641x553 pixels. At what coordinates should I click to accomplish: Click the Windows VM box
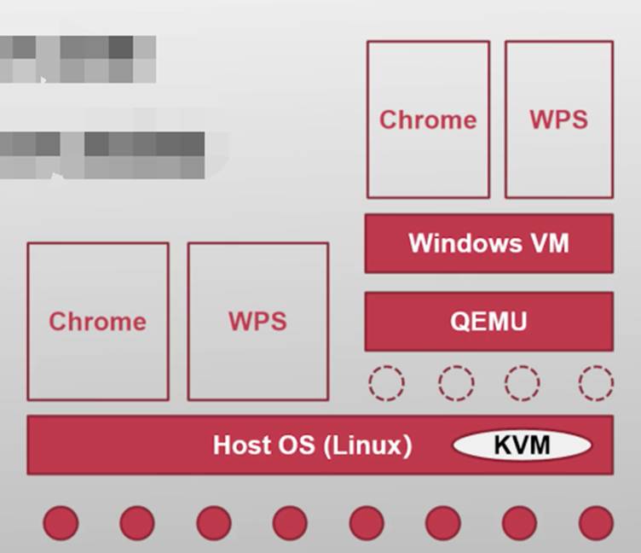click(488, 243)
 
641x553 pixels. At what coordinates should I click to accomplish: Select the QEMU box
click(488, 321)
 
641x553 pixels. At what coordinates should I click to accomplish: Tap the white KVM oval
click(522, 445)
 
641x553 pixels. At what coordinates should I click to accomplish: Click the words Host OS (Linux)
click(312, 445)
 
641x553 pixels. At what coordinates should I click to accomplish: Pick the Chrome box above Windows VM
click(428, 119)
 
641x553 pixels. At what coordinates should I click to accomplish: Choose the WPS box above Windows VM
click(558, 119)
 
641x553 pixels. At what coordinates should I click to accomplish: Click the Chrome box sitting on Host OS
click(97, 321)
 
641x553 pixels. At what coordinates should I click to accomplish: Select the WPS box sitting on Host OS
click(257, 321)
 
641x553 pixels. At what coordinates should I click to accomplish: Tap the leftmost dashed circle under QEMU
click(386, 383)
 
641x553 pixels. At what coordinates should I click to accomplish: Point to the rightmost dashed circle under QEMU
click(595, 383)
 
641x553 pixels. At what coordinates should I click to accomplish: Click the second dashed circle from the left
click(456, 383)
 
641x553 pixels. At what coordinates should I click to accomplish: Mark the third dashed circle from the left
click(522, 383)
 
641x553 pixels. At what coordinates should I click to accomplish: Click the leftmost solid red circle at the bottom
click(61, 523)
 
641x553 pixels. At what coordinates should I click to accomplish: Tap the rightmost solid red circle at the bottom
click(596, 523)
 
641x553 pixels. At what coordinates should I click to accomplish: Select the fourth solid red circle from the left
click(290, 523)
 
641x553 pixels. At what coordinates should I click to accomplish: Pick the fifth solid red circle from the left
click(367, 523)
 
